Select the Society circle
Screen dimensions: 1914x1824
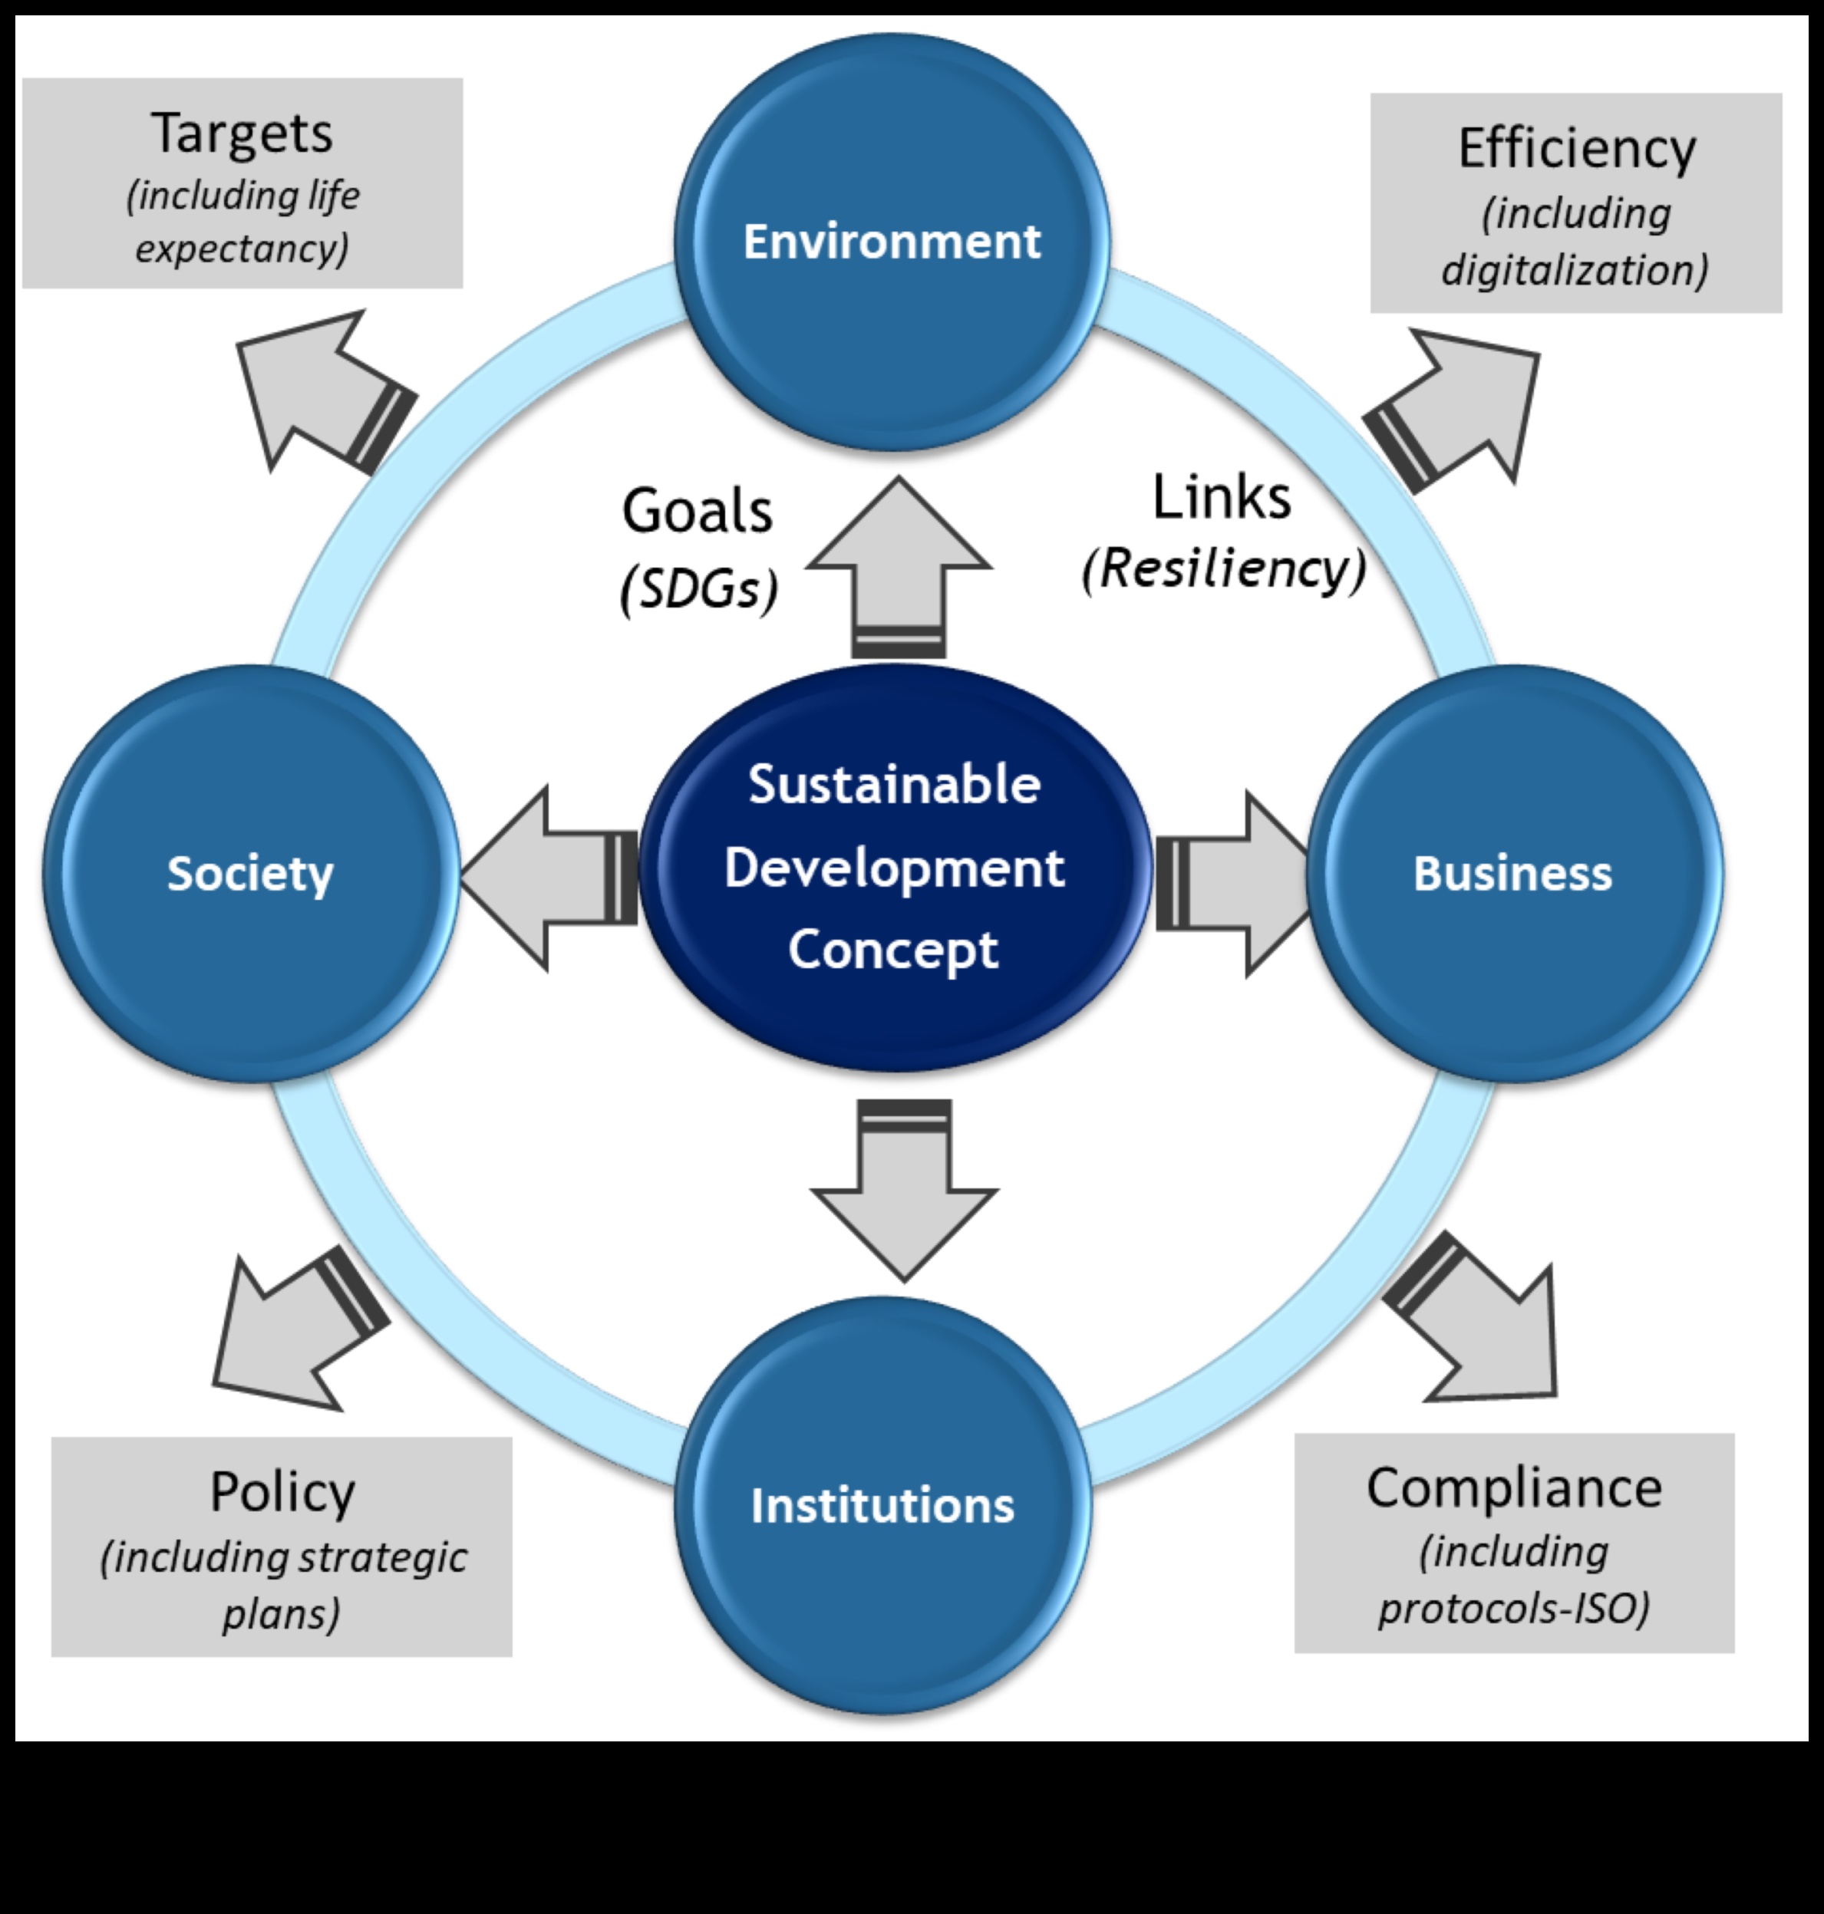(x=251, y=873)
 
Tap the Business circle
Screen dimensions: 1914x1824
(x=1513, y=873)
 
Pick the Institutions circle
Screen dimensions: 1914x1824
(x=882, y=1505)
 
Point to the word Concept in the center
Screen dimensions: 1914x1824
(x=892, y=950)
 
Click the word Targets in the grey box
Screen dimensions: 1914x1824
(x=241, y=133)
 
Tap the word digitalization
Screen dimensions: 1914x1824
(x=1573, y=270)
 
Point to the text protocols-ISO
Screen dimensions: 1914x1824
(x=1513, y=1608)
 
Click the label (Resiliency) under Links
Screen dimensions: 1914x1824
(x=1224, y=568)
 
